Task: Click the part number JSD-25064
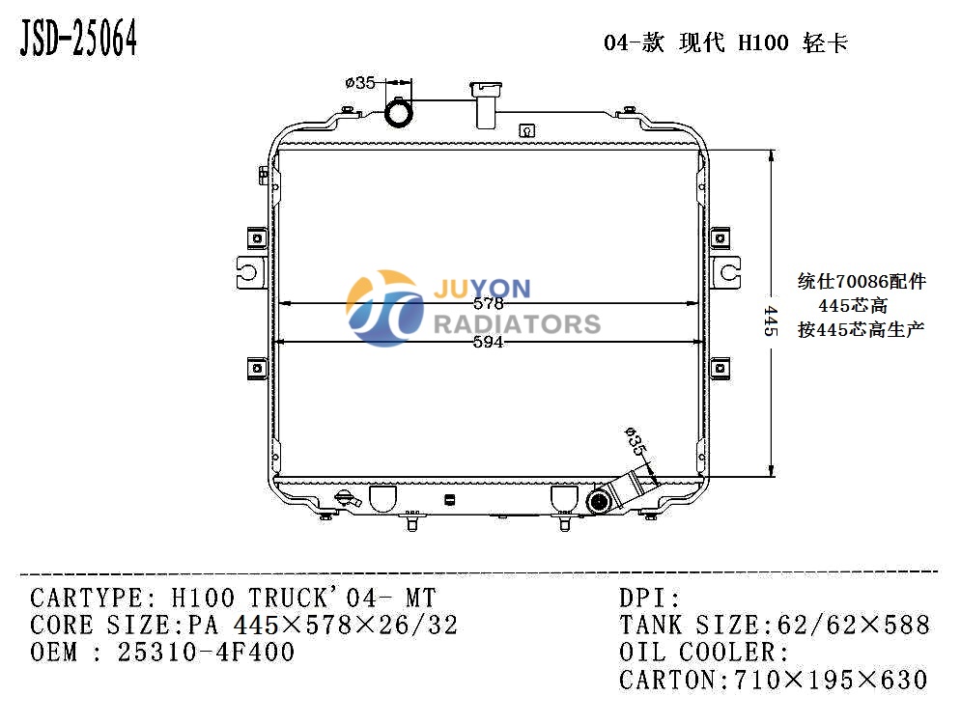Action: tap(78, 38)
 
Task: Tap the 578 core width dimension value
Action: tap(488, 303)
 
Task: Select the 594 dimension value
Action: tap(488, 342)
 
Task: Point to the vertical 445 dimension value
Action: tap(771, 320)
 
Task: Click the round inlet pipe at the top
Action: tap(398, 113)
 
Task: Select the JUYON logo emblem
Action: tap(385, 308)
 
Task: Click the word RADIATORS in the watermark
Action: tap(518, 324)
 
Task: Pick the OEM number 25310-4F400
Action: tap(206, 652)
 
